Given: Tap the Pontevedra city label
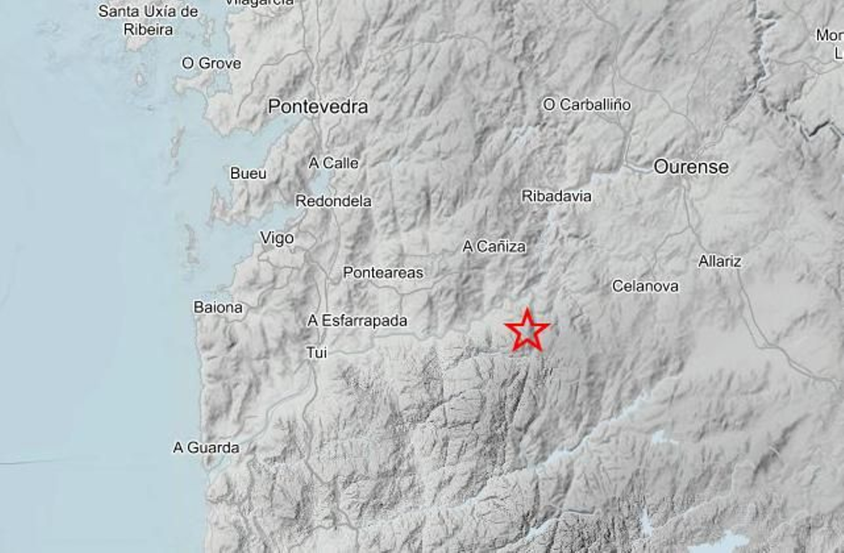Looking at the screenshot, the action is click(318, 107).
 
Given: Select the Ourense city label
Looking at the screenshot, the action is click(691, 167).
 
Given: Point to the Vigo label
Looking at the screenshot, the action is click(277, 238).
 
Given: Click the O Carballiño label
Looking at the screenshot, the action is click(587, 104).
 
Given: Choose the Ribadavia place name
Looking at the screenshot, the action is click(556, 196).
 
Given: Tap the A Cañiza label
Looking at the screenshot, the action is click(494, 246).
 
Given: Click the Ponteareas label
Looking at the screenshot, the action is click(383, 272).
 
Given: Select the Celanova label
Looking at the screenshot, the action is click(645, 286).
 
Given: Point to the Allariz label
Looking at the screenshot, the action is click(720, 261).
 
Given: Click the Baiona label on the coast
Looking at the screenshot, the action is click(218, 307).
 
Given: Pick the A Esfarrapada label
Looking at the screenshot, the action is click(357, 320).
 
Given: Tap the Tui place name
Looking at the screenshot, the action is click(316, 352).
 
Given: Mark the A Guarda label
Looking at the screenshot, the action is click(206, 447).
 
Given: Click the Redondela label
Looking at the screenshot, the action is click(333, 201).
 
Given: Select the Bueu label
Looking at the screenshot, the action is click(248, 173).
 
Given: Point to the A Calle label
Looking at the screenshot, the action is click(333, 163).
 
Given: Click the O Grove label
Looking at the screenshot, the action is click(211, 63).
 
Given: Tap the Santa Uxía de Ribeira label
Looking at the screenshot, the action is click(148, 20).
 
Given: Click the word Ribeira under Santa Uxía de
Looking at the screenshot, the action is click(148, 30).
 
